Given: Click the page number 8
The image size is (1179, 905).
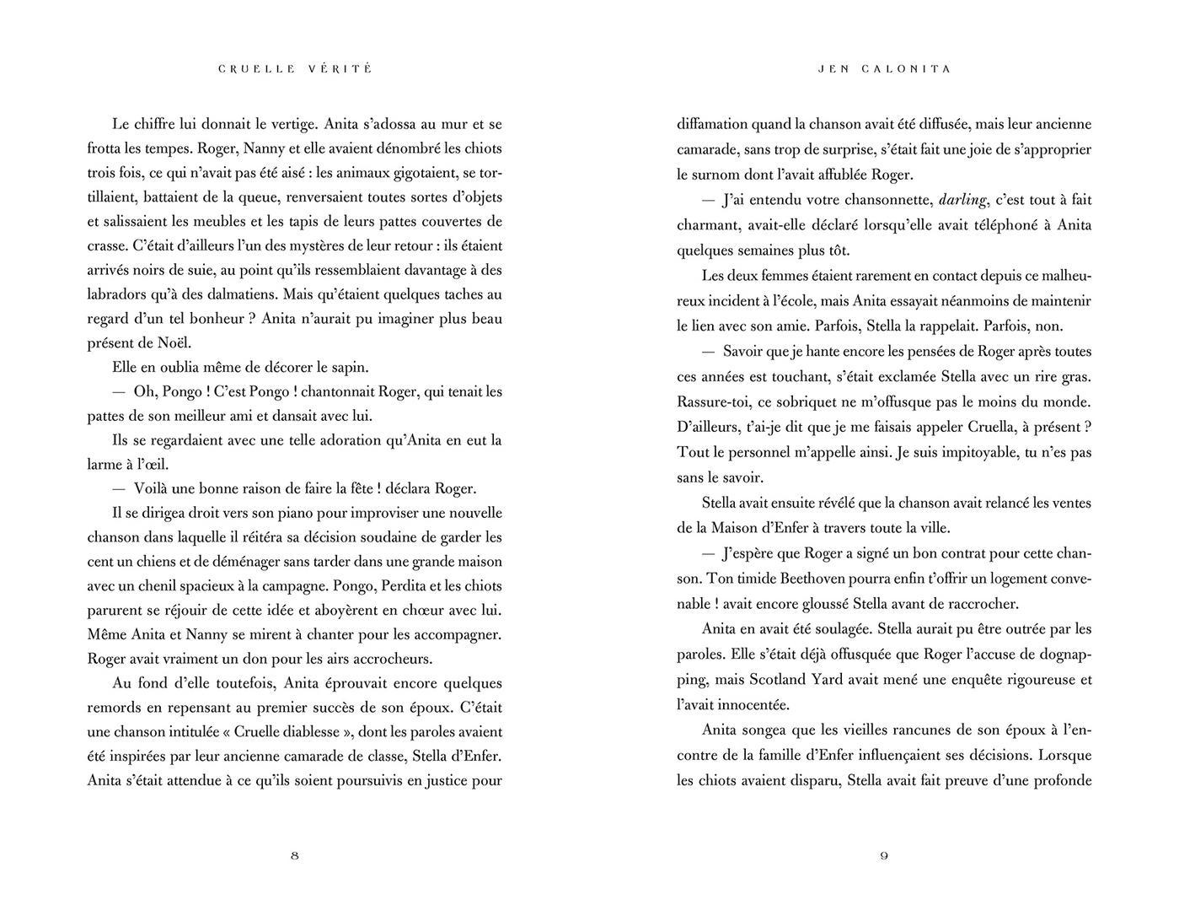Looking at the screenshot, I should (294, 856).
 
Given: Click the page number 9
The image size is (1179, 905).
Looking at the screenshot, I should (884, 856).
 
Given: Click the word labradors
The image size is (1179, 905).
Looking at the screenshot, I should (119, 295).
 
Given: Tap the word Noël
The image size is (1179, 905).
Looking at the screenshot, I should (174, 343).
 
